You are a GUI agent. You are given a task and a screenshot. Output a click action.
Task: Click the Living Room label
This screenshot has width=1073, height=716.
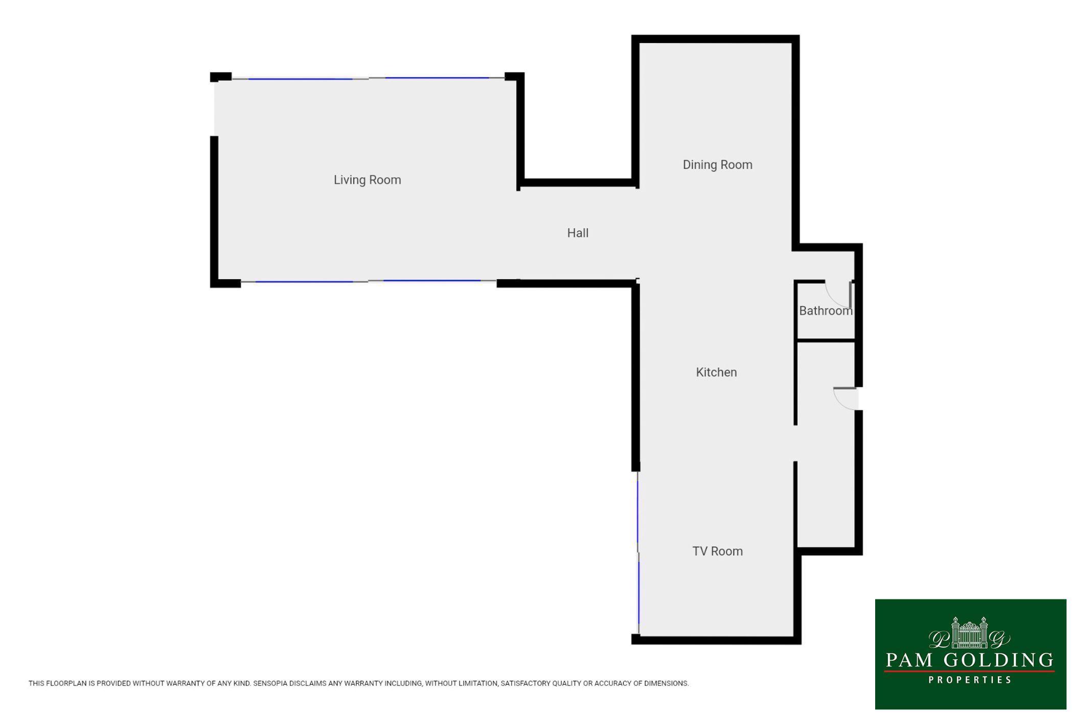pos(367,180)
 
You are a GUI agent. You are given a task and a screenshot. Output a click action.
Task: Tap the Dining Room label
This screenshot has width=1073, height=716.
pos(717,165)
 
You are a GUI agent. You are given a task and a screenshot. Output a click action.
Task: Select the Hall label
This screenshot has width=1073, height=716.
pos(578,233)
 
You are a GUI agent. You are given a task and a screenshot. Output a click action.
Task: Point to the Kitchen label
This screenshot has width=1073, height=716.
pos(716,372)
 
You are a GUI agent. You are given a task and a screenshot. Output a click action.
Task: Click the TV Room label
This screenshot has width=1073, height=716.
pos(717,551)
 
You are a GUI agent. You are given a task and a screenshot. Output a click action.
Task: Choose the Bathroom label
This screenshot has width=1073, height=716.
pos(826,311)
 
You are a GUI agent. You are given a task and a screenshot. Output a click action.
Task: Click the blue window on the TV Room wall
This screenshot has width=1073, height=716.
pos(638,552)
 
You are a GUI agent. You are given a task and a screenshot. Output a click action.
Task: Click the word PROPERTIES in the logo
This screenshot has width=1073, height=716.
pos(970,680)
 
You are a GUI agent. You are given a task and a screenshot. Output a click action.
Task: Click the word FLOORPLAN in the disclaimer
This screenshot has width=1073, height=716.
pos(66,683)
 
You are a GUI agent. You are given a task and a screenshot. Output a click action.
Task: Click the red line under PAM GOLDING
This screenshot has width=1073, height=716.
pos(969,672)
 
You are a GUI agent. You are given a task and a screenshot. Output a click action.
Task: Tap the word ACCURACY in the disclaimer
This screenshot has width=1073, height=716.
pos(594,683)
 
